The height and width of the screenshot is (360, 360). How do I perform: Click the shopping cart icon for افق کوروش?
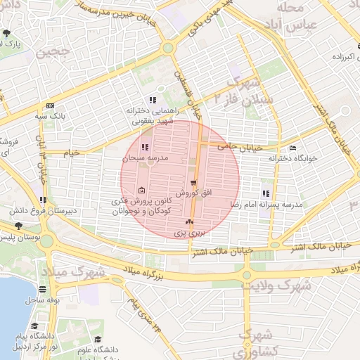(x=193, y=182)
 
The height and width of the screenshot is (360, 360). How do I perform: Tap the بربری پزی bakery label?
(x=188, y=232)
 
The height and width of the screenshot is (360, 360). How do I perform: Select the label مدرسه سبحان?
(x=146, y=159)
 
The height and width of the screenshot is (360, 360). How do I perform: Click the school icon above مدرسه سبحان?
(x=145, y=148)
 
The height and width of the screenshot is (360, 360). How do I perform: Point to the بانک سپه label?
(x=51, y=115)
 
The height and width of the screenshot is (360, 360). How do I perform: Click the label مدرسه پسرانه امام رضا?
(x=266, y=204)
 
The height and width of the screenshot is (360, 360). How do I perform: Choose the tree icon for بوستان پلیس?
(x=18, y=226)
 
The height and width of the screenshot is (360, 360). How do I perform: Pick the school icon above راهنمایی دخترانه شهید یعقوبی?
(x=153, y=100)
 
